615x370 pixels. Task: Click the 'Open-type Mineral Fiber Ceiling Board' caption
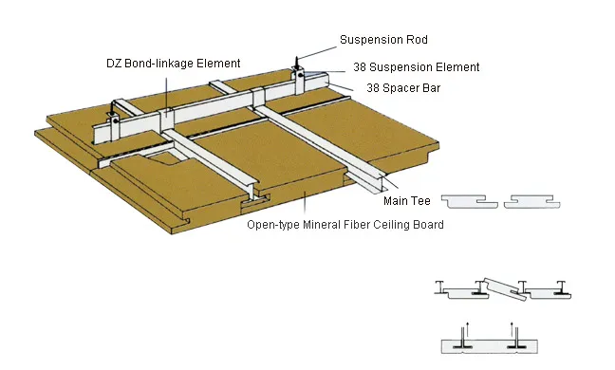click(x=345, y=225)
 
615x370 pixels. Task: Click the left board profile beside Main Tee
click(x=473, y=202)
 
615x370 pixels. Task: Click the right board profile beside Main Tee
click(x=538, y=202)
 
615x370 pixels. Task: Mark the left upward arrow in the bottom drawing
click(x=464, y=331)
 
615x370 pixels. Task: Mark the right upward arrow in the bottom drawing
click(x=512, y=331)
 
